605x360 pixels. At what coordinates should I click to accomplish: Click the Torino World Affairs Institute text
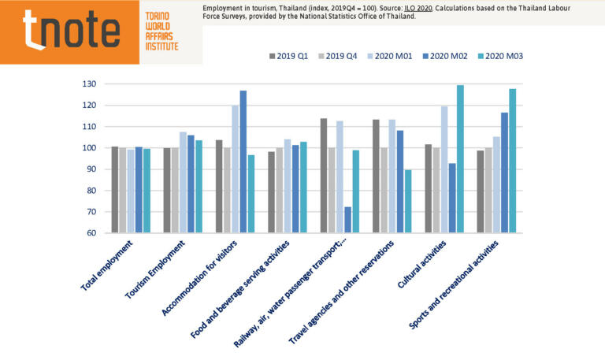tap(161, 32)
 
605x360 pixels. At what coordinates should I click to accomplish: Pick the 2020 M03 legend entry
tap(499, 56)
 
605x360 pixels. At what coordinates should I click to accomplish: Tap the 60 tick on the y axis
tap(91, 233)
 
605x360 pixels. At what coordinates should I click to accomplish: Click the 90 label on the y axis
tap(91, 169)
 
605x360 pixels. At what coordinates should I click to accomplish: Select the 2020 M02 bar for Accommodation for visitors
tap(243, 161)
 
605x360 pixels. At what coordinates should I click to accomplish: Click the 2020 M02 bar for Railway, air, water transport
tap(347, 220)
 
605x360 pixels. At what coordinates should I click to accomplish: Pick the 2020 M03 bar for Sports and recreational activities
tap(512, 161)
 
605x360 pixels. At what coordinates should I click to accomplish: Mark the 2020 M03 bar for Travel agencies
tap(408, 201)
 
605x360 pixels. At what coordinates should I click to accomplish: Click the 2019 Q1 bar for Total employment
tap(115, 190)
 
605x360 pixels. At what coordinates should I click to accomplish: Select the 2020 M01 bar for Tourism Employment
tap(183, 182)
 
